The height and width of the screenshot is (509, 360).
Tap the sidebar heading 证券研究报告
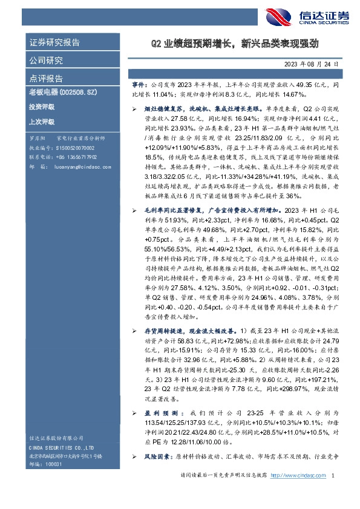point(54,42)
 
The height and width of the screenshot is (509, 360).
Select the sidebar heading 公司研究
point(46,60)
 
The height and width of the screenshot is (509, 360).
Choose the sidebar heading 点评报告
point(46,79)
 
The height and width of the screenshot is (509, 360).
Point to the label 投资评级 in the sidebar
point(41,106)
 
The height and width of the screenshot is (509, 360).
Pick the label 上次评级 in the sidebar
point(41,122)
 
